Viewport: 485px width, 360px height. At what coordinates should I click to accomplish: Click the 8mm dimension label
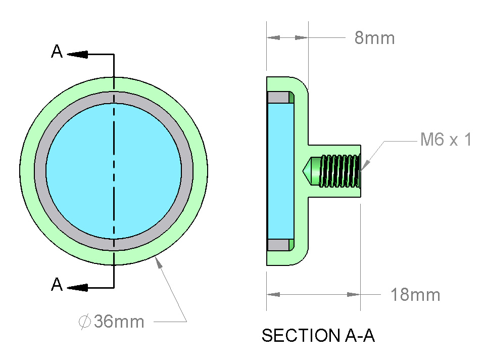[x=374, y=38]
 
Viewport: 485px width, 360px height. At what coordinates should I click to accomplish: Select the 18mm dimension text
[x=415, y=295]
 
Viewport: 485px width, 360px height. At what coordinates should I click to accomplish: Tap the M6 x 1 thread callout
[x=446, y=139]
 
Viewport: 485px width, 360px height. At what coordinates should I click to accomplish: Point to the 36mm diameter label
[x=119, y=321]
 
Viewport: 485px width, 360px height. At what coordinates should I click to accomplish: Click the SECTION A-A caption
[x=318, y=336]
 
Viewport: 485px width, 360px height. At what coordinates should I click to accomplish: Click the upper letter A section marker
[x=57, y=52]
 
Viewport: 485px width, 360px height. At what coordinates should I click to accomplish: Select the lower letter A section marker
[x=57, y=284]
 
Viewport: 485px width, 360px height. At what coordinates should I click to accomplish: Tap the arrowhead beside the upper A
[x=77, y=55]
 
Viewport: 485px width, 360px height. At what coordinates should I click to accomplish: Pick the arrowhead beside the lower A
[x=77, y=288]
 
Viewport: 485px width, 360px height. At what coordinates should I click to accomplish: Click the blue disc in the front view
[x=114, y=171]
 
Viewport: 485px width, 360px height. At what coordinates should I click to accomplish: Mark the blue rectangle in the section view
[x=280, y=171]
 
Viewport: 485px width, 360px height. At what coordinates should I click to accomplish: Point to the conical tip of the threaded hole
[x=307, y=171]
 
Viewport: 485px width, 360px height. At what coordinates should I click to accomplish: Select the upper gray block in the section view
[x=278, y=98]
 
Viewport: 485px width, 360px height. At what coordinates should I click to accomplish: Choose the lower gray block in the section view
[x=278, y=245]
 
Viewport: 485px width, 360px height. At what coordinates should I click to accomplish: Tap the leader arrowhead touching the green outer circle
[x=158, y=263]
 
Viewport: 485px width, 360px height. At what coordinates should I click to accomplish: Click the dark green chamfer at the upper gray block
[x=292, y=98]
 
